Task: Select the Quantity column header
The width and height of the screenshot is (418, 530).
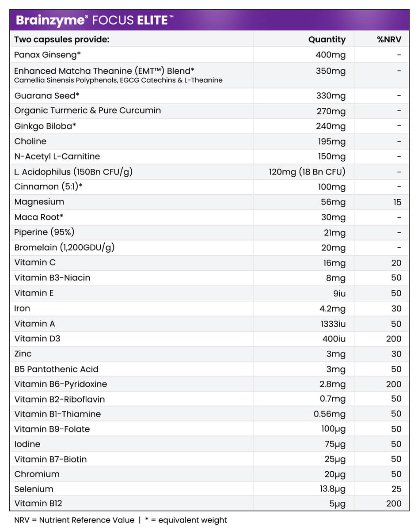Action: coord(327,39)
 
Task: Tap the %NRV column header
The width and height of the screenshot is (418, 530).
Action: coord(389,39)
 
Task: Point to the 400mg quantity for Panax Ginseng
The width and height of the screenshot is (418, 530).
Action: coord(331,55)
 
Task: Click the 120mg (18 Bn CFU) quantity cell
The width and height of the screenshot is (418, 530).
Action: coord(307,172)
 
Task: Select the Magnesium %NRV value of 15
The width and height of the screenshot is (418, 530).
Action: coord(397,202)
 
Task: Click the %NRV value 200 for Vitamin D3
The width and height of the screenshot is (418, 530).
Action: coord(393,339)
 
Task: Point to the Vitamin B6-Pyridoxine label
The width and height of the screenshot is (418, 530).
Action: coord(61,384)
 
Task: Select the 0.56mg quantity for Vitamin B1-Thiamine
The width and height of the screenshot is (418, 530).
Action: coord(329,414)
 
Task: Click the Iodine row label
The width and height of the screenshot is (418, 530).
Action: coord(27,444)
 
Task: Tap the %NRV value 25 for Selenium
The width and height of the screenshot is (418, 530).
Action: coord(396,489)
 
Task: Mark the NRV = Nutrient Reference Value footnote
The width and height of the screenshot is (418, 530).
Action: coord(74,520)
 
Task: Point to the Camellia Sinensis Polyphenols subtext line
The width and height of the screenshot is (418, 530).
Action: coord(118,80)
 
